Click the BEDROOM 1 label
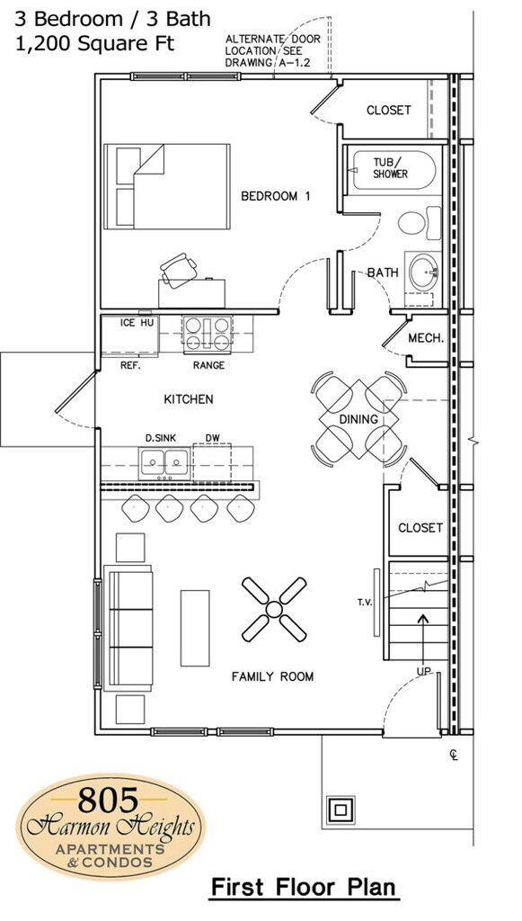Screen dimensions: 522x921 [x=275, y=196]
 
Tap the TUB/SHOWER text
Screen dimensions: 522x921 [x=390, y=168]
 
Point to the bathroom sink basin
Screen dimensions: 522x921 [x=423, y=272]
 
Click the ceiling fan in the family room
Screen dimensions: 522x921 [x=274, y=609]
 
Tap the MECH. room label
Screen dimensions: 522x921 [x=426, y=338]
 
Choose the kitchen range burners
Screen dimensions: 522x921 [x=207, y=334]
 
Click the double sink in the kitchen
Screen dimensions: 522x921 [x=164, y=462]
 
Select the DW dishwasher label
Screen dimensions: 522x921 [x=212, y=438]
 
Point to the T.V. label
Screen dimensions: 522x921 [x=366, y=602]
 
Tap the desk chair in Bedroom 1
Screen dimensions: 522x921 [x=178, y=270]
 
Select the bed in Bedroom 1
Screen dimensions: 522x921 [x=167, y=186]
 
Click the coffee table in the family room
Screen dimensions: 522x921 [x=195, y=628]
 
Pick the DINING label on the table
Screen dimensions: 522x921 [x=358, y=419]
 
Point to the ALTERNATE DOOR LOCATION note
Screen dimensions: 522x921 [x=273, y=51]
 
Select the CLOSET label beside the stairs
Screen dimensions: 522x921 [x=420, y=528]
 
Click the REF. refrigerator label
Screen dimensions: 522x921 [x=129, y=365]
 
